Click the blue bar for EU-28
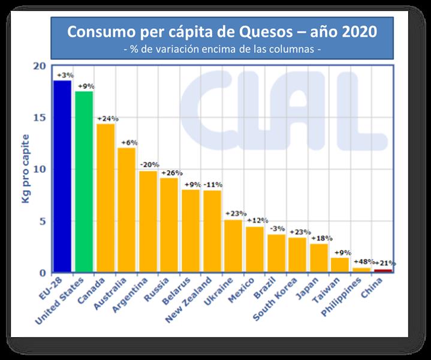click(x=62, y=176)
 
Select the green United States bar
click(x=83, y=181)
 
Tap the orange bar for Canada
click(x=106, y=197)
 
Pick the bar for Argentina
click(x=148, y=221)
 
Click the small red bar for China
click(x=382, y=271)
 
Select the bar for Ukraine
click(x=233, y=245)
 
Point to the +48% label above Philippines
click(x=363, y=262)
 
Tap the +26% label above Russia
click(x=170, y=173)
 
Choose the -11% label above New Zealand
click(x=213, y=185)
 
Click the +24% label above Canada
click(x=107, y=118)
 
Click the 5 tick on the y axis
click(x=42, y=221)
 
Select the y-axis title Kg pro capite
click(x=26, y=169)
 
